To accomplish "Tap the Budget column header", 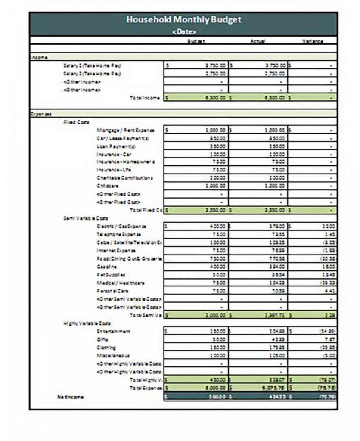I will pos(196,42).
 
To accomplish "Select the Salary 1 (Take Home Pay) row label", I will pos(92,65).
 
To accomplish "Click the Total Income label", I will pos(145,98).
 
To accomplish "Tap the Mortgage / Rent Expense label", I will pos(125,130).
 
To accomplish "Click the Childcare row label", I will pos(106,186).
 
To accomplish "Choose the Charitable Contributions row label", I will pos(124,178).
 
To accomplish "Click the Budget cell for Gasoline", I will pos(196,267).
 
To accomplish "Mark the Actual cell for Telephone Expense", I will pos(261,234).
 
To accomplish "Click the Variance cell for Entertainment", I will pos(313,331).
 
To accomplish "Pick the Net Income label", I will pos(71,396).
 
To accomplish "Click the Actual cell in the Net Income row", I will pos(261,396).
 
